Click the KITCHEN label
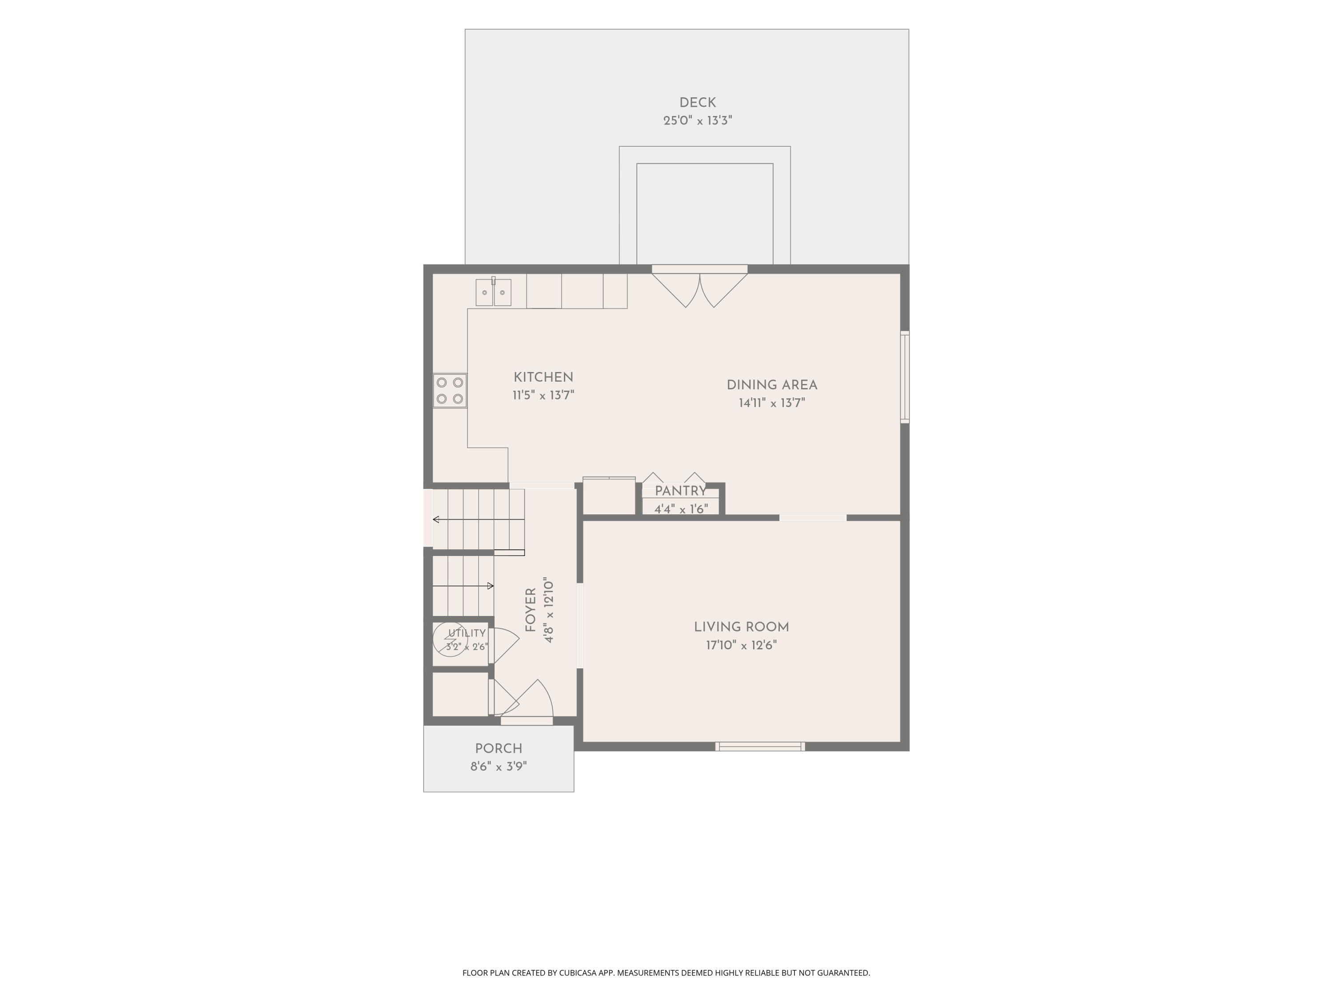point(543,377)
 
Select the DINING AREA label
point(771,385)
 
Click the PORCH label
point(499,748)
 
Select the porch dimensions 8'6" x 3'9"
point(499,767)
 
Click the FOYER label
point(530,610)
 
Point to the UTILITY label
point(467,633)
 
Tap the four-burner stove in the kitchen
point(450,391)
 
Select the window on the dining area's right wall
point(905,377)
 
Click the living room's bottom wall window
point(760,746)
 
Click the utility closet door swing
point(504,646)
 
